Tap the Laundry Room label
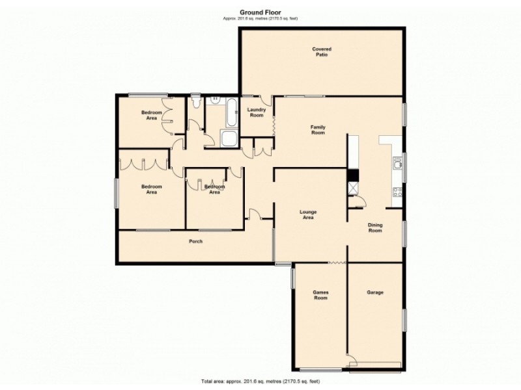coord(257,112)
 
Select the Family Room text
coord(317,129)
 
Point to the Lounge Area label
coord(308,214)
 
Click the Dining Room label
coord(375,227)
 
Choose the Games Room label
coord(320,295)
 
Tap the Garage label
coord(374,292)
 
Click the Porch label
coord(195,242)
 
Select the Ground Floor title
coord(259,12)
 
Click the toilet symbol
coord(196,102)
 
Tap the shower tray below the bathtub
coord(229,139)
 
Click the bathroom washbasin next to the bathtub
coord(214,101)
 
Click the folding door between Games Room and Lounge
coord(336,263)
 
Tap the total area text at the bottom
coord(259,381)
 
